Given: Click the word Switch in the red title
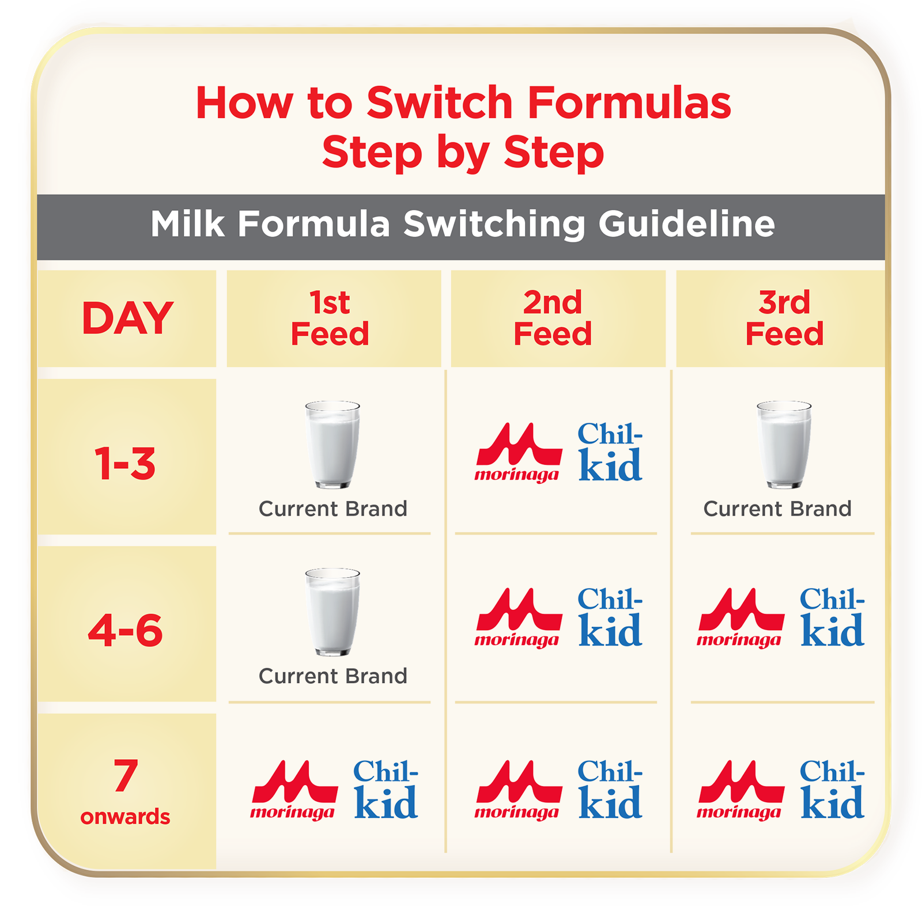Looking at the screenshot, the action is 440,103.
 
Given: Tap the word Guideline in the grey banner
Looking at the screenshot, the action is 686,224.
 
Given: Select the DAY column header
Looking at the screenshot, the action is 127,319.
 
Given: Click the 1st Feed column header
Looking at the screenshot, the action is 330,319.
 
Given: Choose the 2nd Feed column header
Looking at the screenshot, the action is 553,319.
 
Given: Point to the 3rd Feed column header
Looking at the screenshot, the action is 784,319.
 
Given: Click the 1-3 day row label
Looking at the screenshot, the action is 125,464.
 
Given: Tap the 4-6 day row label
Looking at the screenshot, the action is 125,630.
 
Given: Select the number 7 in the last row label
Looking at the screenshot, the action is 126,775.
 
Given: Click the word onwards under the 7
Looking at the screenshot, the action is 125,817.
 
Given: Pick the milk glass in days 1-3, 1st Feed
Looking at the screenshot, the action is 332,445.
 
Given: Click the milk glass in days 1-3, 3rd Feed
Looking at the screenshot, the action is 784,445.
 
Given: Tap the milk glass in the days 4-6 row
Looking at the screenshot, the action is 332,612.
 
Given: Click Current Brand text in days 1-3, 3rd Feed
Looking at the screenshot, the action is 777,509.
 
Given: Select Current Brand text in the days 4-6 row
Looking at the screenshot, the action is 332,676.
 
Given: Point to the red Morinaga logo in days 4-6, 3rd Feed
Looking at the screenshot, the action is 740,617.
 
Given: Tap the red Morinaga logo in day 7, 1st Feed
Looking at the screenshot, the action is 294,790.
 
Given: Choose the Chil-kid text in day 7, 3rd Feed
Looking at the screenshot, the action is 832,790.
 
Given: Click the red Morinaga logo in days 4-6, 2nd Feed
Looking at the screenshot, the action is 519,617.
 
